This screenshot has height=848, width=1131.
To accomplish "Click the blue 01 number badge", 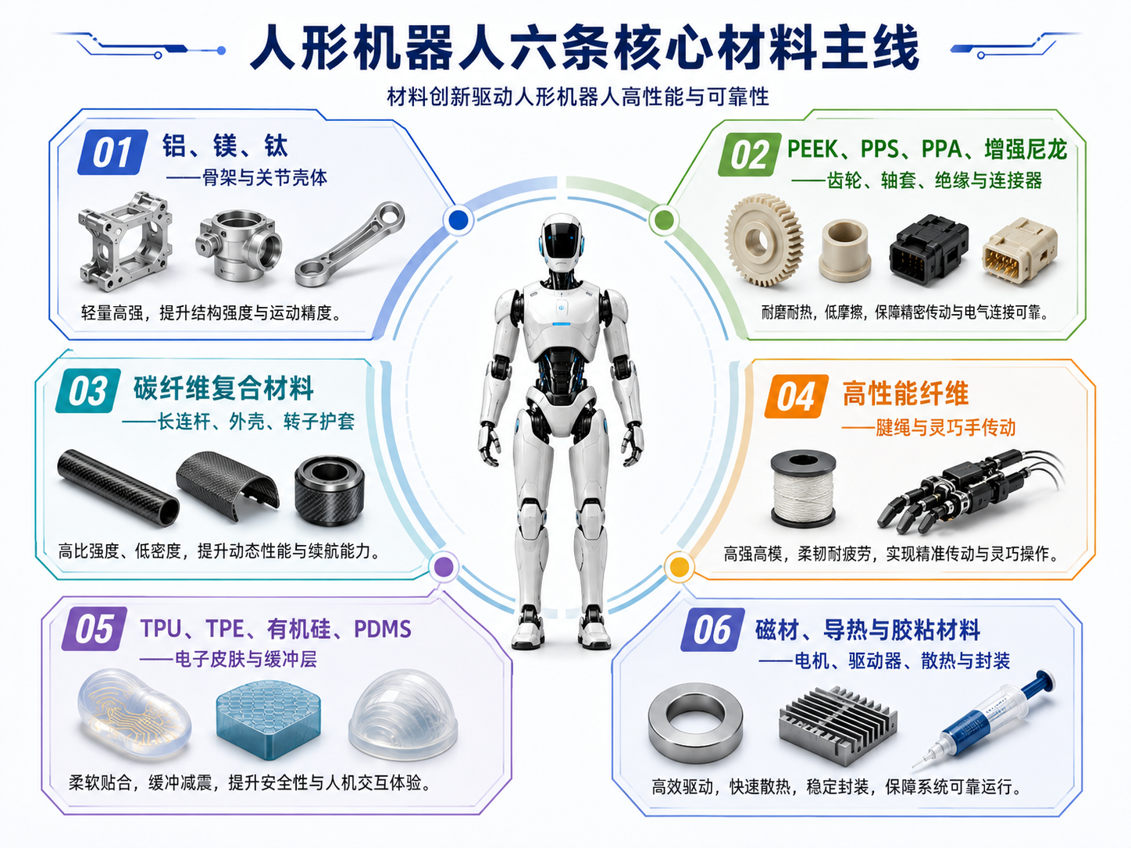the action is coord(112,152).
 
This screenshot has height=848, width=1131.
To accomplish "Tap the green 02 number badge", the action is coord(749,155).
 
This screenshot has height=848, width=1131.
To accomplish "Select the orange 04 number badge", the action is coord(796,396).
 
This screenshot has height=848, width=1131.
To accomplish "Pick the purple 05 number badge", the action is coord(95,629).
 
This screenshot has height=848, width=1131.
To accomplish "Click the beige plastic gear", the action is coord(764,240).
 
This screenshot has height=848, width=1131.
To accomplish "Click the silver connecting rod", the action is coord(350,244).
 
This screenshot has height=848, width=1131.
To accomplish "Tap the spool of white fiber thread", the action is coord(803,489).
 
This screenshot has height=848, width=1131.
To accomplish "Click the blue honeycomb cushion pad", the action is coord(268,720).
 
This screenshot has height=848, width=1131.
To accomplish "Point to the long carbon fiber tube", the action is coord(118,487).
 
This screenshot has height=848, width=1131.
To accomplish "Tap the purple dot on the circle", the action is coord(444,567).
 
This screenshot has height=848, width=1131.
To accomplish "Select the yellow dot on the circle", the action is coord(679,567).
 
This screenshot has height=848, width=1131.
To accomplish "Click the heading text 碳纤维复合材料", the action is coord(223,388).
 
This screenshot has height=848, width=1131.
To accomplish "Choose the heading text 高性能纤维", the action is coord(905,394).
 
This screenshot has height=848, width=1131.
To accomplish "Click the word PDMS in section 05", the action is coord(382,629).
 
